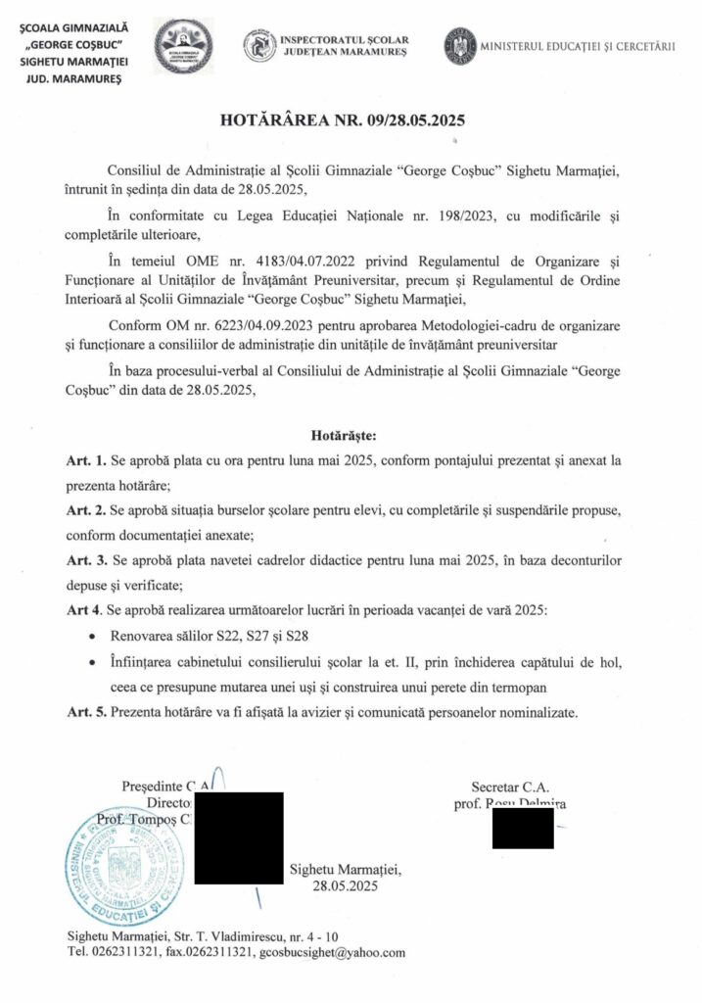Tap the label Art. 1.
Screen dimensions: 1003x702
pyautogui.click(x=85, y=460)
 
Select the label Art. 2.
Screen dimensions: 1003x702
pyautogui.click(x=85, y=512)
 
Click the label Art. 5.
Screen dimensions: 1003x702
pyautogui.click(x=85, y=712)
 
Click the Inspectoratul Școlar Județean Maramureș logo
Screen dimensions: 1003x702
pyautogui.click(x=258, y=46)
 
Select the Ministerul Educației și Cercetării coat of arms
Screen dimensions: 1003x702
pyautogui.click(x=460, y=46)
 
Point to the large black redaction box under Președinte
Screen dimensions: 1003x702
pyautogui.click(x=240, y=839)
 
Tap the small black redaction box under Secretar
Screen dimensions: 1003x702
pyautogui.click(x=522, y=829)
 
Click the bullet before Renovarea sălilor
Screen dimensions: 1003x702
pyautogui.click(x=91, y=637)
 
